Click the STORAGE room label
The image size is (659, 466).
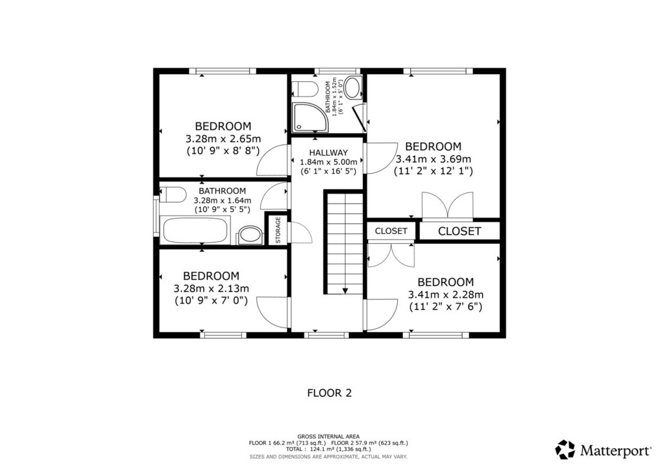pos(278,230)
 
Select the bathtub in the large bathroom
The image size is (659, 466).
pos(195,230)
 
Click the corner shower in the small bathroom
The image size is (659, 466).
pos(310,117)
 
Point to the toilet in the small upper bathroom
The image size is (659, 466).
pos(305,88)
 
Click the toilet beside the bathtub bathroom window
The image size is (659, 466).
pos(172,194)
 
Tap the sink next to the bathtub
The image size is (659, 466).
pos(250,235)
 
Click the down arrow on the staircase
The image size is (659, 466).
pos(345,290)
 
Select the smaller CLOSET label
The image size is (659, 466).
pos(391,230)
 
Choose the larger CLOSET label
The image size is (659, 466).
pos(459,231)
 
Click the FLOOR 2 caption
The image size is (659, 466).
pos(329,393)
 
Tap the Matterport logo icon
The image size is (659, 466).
pos(565,450)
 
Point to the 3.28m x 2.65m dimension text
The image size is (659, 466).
pos(223,138)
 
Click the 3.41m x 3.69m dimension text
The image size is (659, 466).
pos(433,159)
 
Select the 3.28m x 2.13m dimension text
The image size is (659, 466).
pos(211,288)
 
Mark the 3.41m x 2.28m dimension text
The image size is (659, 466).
pos(446,294)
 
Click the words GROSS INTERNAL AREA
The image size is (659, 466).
pos(328,436)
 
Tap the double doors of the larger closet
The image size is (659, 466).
pos(448,206)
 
